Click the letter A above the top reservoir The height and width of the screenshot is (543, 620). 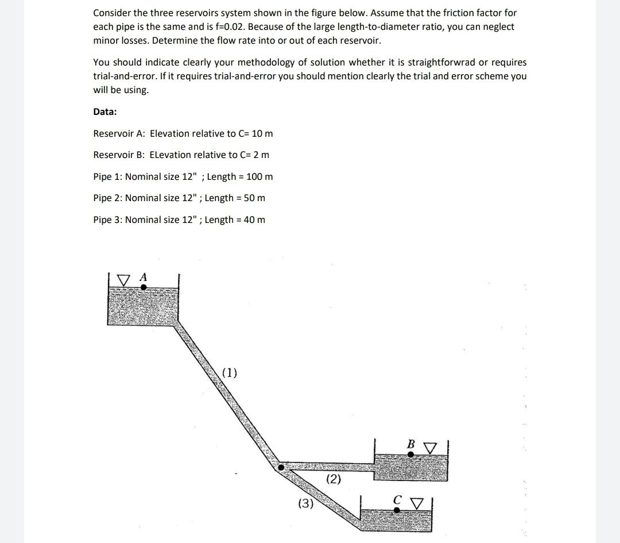(144, 277)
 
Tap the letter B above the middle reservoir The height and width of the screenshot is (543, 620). (410, 444)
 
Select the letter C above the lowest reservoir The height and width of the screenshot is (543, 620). (397, 500)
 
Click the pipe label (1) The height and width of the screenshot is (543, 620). (229, 372)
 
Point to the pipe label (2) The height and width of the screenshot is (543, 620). (334, 479)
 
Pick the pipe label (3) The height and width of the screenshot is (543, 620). (305, 504)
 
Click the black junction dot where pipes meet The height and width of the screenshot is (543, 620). (281, 467)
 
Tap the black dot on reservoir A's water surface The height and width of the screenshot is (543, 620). (144, 286)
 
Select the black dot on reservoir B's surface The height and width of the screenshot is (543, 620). (410, 454)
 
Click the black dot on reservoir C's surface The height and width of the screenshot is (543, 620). (397, 510)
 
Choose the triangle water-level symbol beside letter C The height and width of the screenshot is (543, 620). (417, 503)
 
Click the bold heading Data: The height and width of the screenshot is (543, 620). (105, 111)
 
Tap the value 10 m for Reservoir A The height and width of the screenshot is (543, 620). (262, 133)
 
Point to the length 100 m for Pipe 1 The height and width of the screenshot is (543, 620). (259, 176)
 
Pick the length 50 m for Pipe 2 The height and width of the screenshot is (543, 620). (254, 198)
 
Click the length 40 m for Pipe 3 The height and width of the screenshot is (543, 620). (254, 219)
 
